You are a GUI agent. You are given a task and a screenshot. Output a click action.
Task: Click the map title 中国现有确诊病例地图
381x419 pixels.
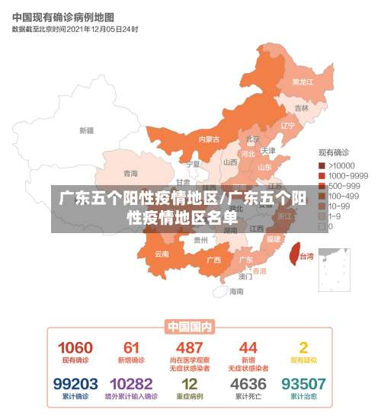pyautogui.click(x=63, y=16)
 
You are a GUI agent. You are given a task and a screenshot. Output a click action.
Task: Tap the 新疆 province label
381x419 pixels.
pyautogui.click(x=86, y=130)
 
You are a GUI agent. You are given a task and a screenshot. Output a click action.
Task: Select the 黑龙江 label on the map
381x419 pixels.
pyautogui.click(x=303, y=82)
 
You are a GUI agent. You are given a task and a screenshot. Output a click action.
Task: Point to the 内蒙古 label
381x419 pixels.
pyautogui.click(x=209, y=139)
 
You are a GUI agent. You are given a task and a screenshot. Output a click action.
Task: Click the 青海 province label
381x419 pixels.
pyautogui.click(x=131, y=174)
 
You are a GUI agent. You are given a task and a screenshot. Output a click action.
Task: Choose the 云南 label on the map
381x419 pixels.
pyautogui.click(x=162, y=254)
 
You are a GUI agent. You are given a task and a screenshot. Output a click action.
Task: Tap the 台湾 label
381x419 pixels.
pyautogui.click(x=306, y=257)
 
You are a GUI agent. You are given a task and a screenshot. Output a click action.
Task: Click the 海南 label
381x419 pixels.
pyautogui.click(x=238, y=291)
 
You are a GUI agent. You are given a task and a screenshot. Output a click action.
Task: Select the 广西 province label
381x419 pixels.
pyautogui.click(x=213, y=260)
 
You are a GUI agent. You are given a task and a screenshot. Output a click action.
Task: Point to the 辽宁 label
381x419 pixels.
pyautogui.click(x=287, y=126)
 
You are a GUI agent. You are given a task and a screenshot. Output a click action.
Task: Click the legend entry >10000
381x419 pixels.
pyautogui.click(x=340, y=165)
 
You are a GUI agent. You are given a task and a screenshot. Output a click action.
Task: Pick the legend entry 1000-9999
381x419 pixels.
pyautogui.click(x=344, y=175)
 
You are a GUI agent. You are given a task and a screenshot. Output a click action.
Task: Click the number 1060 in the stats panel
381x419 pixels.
pyautogui.click(x=75, y=347)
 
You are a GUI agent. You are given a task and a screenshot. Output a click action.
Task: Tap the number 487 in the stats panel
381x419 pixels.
pyautogui.click(x=189, y=347)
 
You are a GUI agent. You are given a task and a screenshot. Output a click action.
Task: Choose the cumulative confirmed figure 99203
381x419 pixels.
pyautogui.click(x=75, y=383)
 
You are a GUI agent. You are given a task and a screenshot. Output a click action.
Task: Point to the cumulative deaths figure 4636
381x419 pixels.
pyautogui.click(x=248, y=383)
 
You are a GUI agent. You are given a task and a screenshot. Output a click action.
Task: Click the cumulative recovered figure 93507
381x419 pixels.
pyautogui.click(x=303, y=383)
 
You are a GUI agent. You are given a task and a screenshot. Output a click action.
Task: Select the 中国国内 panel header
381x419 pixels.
pyautogui.click(x=190, y=327)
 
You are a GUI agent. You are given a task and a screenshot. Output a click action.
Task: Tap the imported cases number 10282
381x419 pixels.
pyautogui.click(x=131, y=383)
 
